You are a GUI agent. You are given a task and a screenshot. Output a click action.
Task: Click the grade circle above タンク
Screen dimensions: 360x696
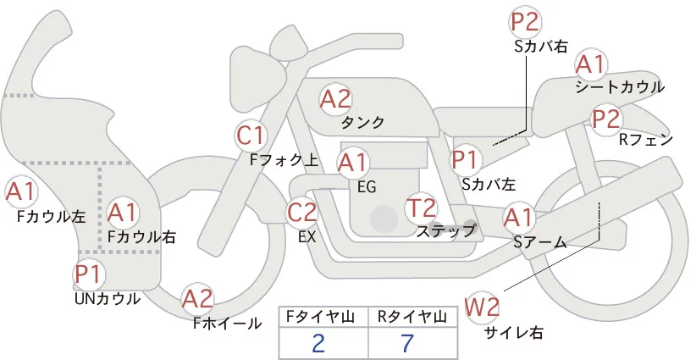coord(335,99)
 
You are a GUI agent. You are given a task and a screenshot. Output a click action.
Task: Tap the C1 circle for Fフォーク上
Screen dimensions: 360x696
coord(252,135)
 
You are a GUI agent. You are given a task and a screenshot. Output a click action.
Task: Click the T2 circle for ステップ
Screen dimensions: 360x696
coord(422,208)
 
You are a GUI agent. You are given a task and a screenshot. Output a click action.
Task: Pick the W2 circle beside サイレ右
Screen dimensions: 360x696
coord(483,306)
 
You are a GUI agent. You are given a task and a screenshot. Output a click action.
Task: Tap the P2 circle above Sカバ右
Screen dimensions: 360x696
coord(525,22)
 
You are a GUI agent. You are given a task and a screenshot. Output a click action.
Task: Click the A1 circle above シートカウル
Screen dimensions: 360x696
coord(590,64)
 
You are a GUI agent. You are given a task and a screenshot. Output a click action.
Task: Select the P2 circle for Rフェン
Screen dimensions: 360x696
coord(606,119)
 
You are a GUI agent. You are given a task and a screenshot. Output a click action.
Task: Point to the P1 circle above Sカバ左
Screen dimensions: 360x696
coord(466,158)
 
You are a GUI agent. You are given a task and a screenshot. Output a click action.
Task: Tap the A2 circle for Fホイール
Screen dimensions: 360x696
coord(198,299)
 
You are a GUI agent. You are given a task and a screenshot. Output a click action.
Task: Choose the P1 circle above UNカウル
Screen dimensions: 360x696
coord(88,274)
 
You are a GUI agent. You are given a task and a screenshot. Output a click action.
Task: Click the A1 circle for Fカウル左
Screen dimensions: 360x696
coord(21,191)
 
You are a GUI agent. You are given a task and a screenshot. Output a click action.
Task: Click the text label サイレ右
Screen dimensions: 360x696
coord(513,332)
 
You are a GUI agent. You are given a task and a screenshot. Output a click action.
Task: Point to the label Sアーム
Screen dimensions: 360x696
coord(539,242)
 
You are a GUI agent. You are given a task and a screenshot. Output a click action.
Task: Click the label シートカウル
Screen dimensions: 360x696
coord(619,86)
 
